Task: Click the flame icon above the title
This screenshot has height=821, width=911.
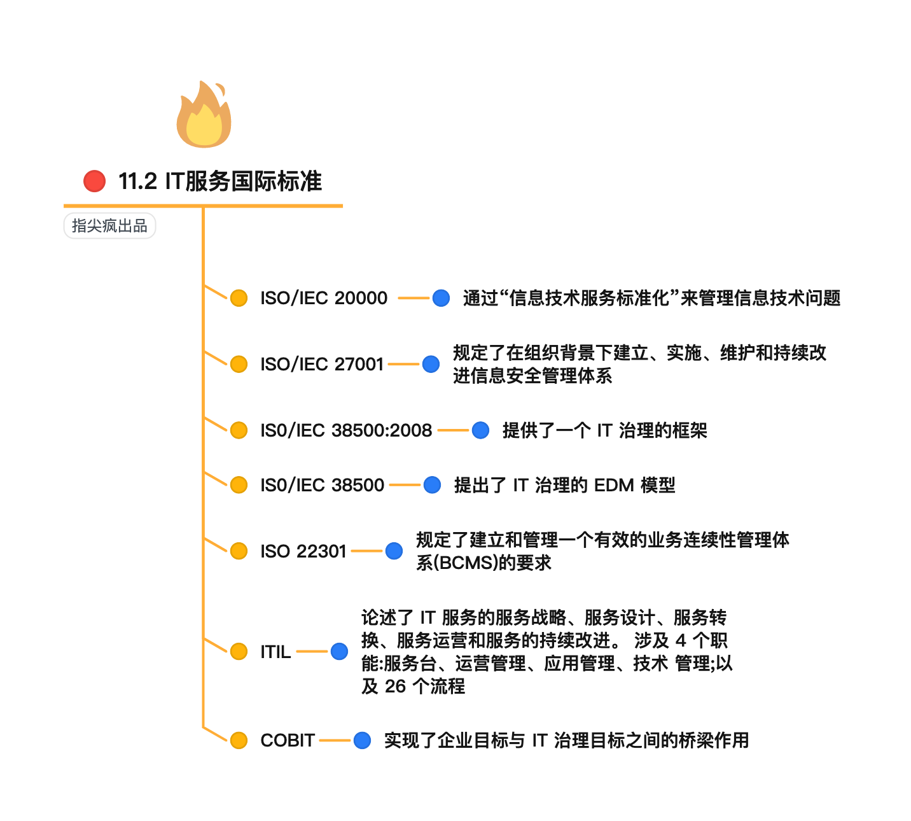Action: [204, 115]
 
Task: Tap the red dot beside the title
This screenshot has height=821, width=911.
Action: [95, 181]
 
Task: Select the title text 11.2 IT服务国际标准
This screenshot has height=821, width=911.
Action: [220, 181]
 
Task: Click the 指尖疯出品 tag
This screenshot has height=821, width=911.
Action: [109, 226]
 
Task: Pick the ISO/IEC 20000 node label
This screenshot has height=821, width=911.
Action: [323, 298]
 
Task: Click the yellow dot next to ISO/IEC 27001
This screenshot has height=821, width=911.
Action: [239, 364]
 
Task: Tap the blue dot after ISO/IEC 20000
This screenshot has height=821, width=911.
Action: [441, 298]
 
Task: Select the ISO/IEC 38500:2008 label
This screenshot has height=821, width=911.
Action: [346, 430]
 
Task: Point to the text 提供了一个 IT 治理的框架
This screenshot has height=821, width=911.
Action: [604, 430]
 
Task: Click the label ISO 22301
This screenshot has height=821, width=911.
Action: [303, 551]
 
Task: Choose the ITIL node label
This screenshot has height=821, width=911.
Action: [275, 652]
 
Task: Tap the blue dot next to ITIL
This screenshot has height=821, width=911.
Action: [339, 652]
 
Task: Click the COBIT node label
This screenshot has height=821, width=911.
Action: [288, 740]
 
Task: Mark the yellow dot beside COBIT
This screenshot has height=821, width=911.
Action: [239, 740]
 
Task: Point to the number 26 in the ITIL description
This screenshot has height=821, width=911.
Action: [395, 687]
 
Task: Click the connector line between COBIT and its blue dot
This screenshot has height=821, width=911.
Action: [335, 740]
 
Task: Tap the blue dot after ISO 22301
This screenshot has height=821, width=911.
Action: [394, 551]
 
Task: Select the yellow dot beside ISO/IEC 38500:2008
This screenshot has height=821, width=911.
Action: [239, 430]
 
